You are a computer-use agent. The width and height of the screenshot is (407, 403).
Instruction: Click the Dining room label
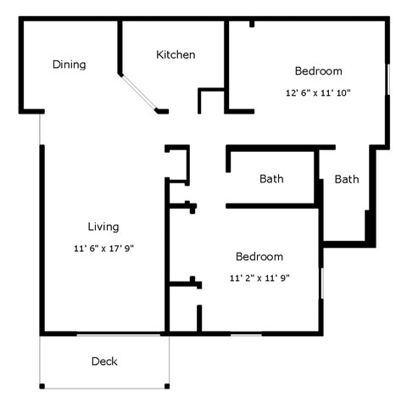pos(69,64)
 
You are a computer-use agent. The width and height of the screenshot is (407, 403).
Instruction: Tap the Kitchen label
pos(176,55)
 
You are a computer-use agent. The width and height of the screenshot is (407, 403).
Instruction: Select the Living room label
pos(103,227)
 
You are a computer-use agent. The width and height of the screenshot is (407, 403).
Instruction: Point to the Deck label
pos(103,361)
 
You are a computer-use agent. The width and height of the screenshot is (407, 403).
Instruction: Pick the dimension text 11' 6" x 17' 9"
pos(103,249)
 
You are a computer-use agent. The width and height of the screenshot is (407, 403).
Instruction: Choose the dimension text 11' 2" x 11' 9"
pos(259,277)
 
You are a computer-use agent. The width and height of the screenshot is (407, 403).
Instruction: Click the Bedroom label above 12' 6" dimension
pos(318,70)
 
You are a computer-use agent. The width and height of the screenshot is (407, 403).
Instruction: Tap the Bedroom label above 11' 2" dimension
pos(259,256)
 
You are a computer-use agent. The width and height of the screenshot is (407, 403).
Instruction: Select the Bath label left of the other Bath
pos(271,179)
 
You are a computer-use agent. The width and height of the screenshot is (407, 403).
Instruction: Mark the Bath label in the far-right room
pos(346,179)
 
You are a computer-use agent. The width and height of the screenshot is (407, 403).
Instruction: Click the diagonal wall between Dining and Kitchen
pos(140,92)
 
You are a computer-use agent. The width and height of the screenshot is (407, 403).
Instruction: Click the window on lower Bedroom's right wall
pos(321,283)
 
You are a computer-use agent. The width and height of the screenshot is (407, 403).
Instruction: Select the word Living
pos(103,227)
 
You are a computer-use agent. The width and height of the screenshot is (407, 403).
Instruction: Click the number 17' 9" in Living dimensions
pos(122,249)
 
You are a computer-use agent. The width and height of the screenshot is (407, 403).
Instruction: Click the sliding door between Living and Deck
pos(102,333)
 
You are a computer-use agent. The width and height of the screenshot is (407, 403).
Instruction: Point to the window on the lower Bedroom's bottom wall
pos(246,333)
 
